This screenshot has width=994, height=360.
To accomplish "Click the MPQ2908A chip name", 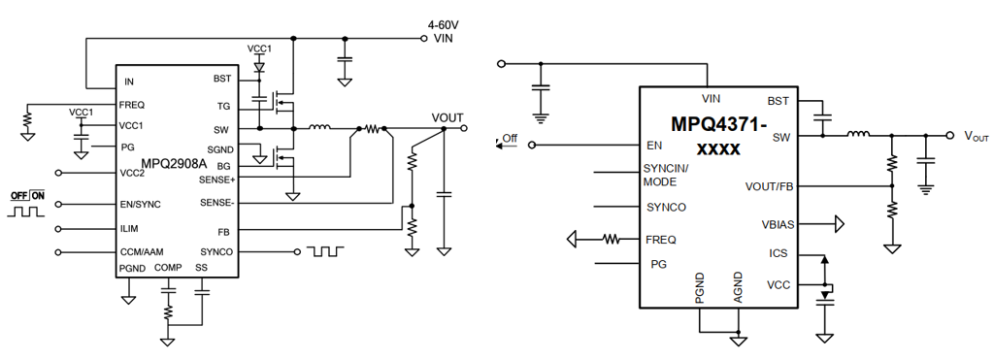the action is point(174,164).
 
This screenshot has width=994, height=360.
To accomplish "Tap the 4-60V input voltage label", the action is point(443,26).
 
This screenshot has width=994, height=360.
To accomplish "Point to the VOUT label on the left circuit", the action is point(447,117).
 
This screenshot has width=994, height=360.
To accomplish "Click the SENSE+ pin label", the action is point(217,180).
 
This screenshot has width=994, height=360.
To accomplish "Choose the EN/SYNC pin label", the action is point(140,204).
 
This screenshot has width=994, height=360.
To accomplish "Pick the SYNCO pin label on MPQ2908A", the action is point(216,252).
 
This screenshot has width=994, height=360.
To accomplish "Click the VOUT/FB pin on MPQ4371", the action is point(770,186).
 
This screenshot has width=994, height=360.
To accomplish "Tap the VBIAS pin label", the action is point(778,224).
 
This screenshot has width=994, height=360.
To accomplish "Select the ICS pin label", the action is point(778,253).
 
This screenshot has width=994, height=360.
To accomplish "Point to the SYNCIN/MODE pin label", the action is point(663,176).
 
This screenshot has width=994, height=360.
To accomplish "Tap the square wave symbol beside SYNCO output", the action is point(325,251).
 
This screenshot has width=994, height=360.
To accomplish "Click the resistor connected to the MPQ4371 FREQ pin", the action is point(612,239).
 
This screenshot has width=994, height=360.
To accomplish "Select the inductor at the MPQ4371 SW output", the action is point(859,134).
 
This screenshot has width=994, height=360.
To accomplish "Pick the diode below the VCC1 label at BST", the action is point(258,65).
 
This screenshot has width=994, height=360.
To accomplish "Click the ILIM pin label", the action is point(129,229).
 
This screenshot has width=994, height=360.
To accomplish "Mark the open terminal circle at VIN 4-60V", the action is point(424,39).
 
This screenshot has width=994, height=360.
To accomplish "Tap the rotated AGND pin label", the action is point(738,289).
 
